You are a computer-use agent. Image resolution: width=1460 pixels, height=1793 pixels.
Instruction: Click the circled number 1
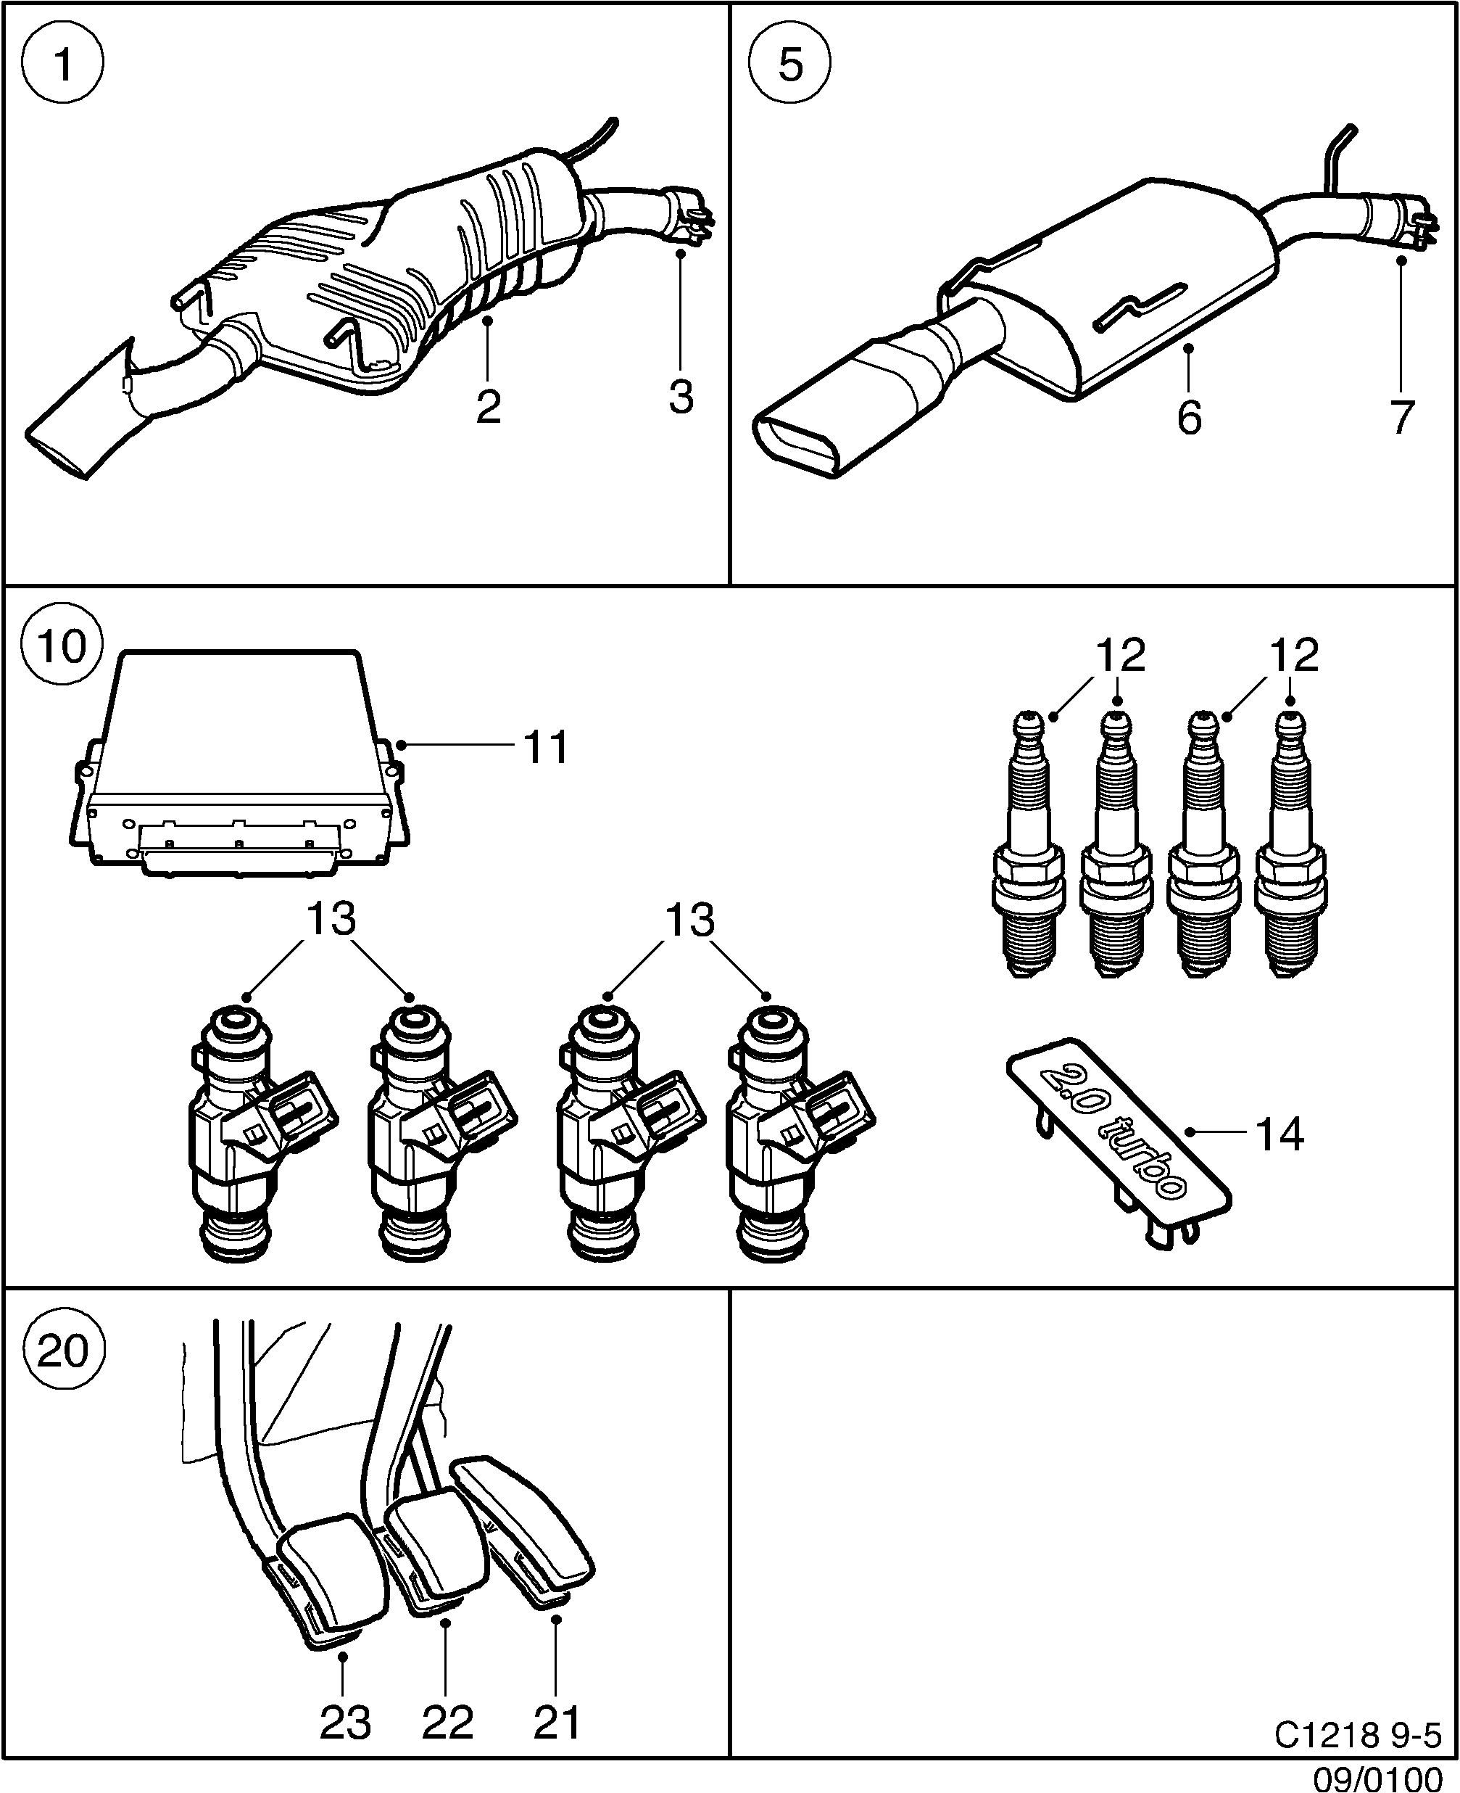pos(63,64)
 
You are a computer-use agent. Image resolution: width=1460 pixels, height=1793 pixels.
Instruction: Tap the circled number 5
pos(789,64)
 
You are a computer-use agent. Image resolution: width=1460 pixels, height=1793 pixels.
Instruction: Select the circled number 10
pos(62,646)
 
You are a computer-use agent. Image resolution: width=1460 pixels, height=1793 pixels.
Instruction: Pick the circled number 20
pos(63,1351)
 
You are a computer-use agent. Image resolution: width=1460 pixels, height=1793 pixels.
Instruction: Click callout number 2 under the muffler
pos(488,407)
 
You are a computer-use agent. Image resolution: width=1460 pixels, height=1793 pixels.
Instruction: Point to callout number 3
pos(681,395)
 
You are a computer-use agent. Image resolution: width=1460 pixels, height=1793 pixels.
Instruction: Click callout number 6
pos(1189,417)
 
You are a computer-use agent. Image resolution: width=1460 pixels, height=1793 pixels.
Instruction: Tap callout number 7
pos(1401,417)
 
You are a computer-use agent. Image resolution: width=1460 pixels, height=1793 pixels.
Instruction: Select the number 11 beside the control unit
pos(546,746)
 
